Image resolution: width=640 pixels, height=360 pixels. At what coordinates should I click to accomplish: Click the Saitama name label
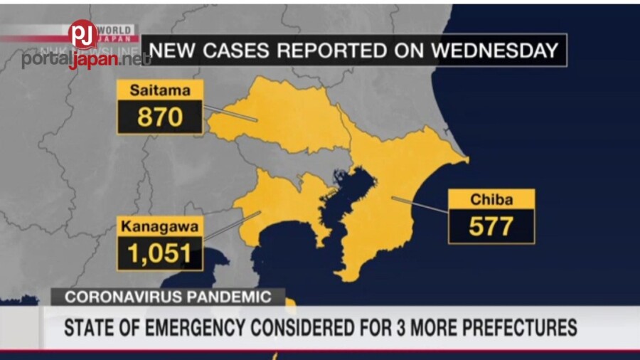click(x=160, y=90)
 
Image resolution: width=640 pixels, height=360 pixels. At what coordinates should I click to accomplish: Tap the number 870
click(x=160, y=117)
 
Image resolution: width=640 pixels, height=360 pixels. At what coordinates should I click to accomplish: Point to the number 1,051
click(x=160, y=253)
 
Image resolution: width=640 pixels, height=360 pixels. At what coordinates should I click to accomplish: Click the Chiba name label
click(x=491, y=200)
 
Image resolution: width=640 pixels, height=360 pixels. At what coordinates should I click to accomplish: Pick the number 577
click(x=491, y=227)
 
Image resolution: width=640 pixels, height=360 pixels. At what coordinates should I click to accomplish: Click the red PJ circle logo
click(x=83, y=34)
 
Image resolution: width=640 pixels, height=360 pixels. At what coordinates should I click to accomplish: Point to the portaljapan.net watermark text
click(x=85, y=60)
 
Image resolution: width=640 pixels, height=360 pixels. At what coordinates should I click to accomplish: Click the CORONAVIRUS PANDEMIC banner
click(x=168, y=297)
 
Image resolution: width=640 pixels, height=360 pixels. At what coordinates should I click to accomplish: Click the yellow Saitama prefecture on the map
click(x=284, y=121)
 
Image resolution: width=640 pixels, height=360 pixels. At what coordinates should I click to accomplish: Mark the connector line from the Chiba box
click(x=420, y=204)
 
